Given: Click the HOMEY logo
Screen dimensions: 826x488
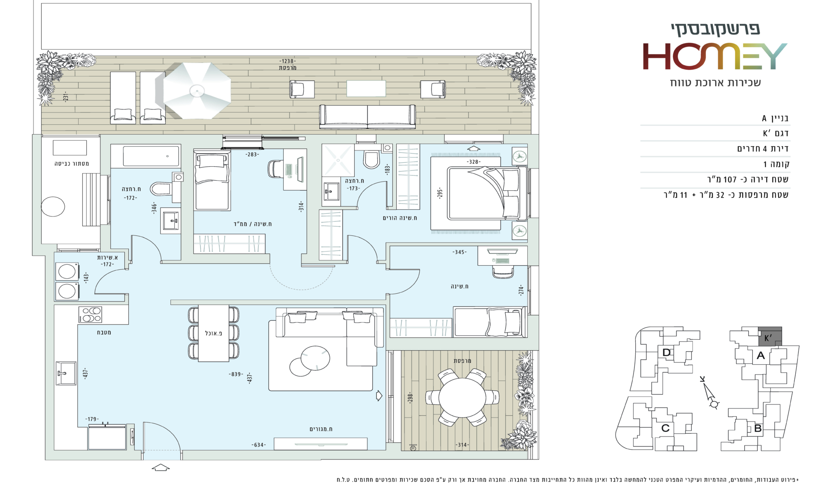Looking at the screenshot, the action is click(715, 56).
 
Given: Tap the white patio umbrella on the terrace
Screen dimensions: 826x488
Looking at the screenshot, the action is click(197, 90).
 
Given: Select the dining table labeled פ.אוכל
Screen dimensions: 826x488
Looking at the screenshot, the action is click(214, 333).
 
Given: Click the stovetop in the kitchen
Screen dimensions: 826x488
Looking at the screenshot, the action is click(90, 314).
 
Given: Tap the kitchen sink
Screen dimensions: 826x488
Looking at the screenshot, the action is click(66, 373).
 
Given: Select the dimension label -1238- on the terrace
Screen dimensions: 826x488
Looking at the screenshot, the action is click(288, 61).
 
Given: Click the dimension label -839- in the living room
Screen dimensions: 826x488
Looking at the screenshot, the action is click(236, 374).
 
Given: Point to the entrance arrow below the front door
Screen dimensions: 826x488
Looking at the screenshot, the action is click(161, 468).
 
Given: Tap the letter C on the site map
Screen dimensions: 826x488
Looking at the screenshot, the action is click(665, 428).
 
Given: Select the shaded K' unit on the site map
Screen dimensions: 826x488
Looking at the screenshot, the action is click(770, 336).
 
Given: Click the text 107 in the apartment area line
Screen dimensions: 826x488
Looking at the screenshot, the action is click(730, 179).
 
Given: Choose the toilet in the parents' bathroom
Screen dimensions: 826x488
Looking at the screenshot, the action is click(371, 157).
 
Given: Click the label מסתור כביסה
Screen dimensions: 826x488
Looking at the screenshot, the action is click(72, 164).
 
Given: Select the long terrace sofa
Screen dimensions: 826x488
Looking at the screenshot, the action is click(367, 116).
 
